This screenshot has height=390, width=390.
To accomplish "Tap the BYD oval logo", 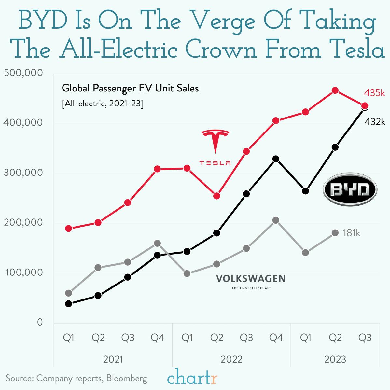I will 350,190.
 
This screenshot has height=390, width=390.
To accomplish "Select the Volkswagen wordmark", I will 251,279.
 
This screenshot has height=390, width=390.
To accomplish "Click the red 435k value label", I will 374,93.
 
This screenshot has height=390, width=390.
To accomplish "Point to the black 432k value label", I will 375,122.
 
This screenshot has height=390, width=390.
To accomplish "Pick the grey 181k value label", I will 352,233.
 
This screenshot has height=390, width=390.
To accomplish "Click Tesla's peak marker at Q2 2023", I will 335,91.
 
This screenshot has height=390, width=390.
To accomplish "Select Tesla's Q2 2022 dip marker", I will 216,196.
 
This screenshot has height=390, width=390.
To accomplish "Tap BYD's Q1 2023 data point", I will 305,191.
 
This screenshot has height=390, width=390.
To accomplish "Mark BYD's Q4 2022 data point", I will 276,159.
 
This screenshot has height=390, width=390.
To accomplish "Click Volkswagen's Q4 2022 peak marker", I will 276,220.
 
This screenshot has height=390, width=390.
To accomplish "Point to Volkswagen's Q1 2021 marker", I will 68,293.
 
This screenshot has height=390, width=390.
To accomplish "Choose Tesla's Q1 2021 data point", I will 68,229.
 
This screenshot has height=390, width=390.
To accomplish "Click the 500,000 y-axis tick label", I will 23,73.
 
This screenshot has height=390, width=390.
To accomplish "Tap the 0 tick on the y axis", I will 40,322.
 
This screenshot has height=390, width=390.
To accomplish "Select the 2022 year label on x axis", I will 231,359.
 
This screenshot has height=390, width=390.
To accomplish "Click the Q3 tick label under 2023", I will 365,338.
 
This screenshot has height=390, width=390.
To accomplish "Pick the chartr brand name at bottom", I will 192,378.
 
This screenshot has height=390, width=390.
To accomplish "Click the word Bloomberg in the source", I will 127,378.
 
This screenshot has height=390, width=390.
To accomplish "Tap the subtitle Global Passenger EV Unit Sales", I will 130,88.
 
